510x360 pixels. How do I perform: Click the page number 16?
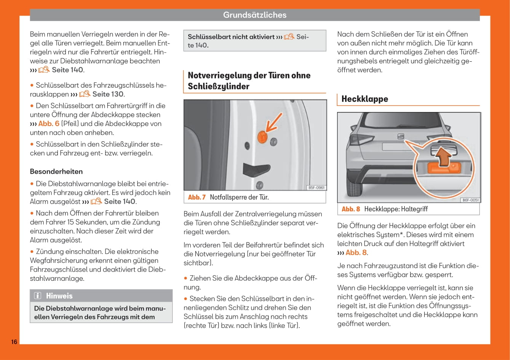14,341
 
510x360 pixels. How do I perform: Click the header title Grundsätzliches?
254,15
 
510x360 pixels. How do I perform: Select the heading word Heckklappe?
365,99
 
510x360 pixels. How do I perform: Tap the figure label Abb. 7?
197,197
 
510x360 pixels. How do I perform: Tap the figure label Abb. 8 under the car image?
351,209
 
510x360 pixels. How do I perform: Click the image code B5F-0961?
316,187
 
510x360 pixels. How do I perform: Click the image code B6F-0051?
470,200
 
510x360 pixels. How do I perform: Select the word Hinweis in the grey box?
59,296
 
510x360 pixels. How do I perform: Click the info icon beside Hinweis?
38,296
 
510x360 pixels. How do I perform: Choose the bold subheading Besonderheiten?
56,171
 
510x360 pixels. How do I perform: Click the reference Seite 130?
108,94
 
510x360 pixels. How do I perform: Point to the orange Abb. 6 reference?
49,123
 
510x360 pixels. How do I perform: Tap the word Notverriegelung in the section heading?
219,75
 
